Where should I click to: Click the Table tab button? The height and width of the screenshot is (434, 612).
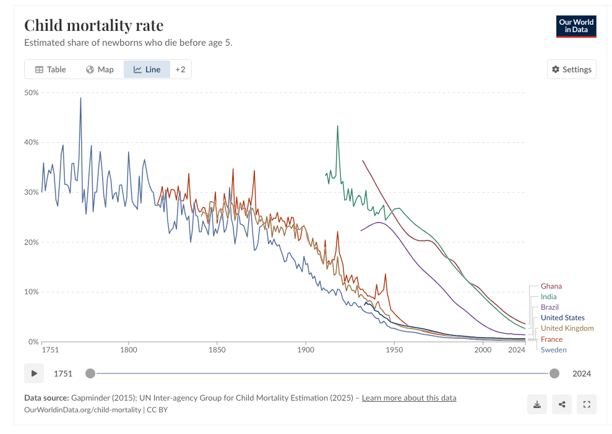51,69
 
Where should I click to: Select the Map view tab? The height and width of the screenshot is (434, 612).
100,69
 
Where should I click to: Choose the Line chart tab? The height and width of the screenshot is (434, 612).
147,69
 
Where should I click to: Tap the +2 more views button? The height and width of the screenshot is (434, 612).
180,69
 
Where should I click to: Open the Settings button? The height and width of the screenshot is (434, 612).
571,69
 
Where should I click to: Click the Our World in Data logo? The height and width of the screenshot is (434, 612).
576,26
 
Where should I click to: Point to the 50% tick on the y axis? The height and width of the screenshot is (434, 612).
31,93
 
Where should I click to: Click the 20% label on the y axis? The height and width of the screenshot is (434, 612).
31,242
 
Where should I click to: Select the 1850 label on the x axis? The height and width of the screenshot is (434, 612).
217,350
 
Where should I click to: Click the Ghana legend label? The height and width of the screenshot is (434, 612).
551,286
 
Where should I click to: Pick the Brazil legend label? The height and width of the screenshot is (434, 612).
550,307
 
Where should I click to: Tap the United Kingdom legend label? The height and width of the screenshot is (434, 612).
567,328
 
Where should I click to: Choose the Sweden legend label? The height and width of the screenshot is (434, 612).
553,350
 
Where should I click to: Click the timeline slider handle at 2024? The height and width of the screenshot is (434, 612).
554,373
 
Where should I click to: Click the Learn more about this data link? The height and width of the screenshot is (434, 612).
409,398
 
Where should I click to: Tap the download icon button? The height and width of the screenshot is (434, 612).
537,404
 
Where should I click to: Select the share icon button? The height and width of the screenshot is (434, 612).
562,404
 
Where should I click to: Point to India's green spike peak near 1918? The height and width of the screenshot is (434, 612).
338,126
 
